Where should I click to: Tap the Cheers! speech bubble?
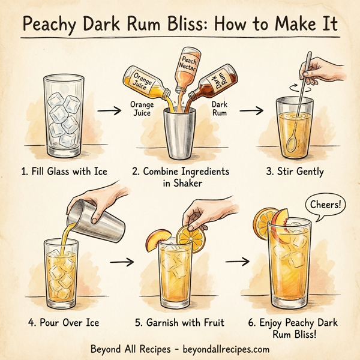(328, 205)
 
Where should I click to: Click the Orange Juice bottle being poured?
(145, 84)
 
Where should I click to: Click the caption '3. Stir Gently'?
(295, 172)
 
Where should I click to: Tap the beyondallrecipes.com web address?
(221, 349)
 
